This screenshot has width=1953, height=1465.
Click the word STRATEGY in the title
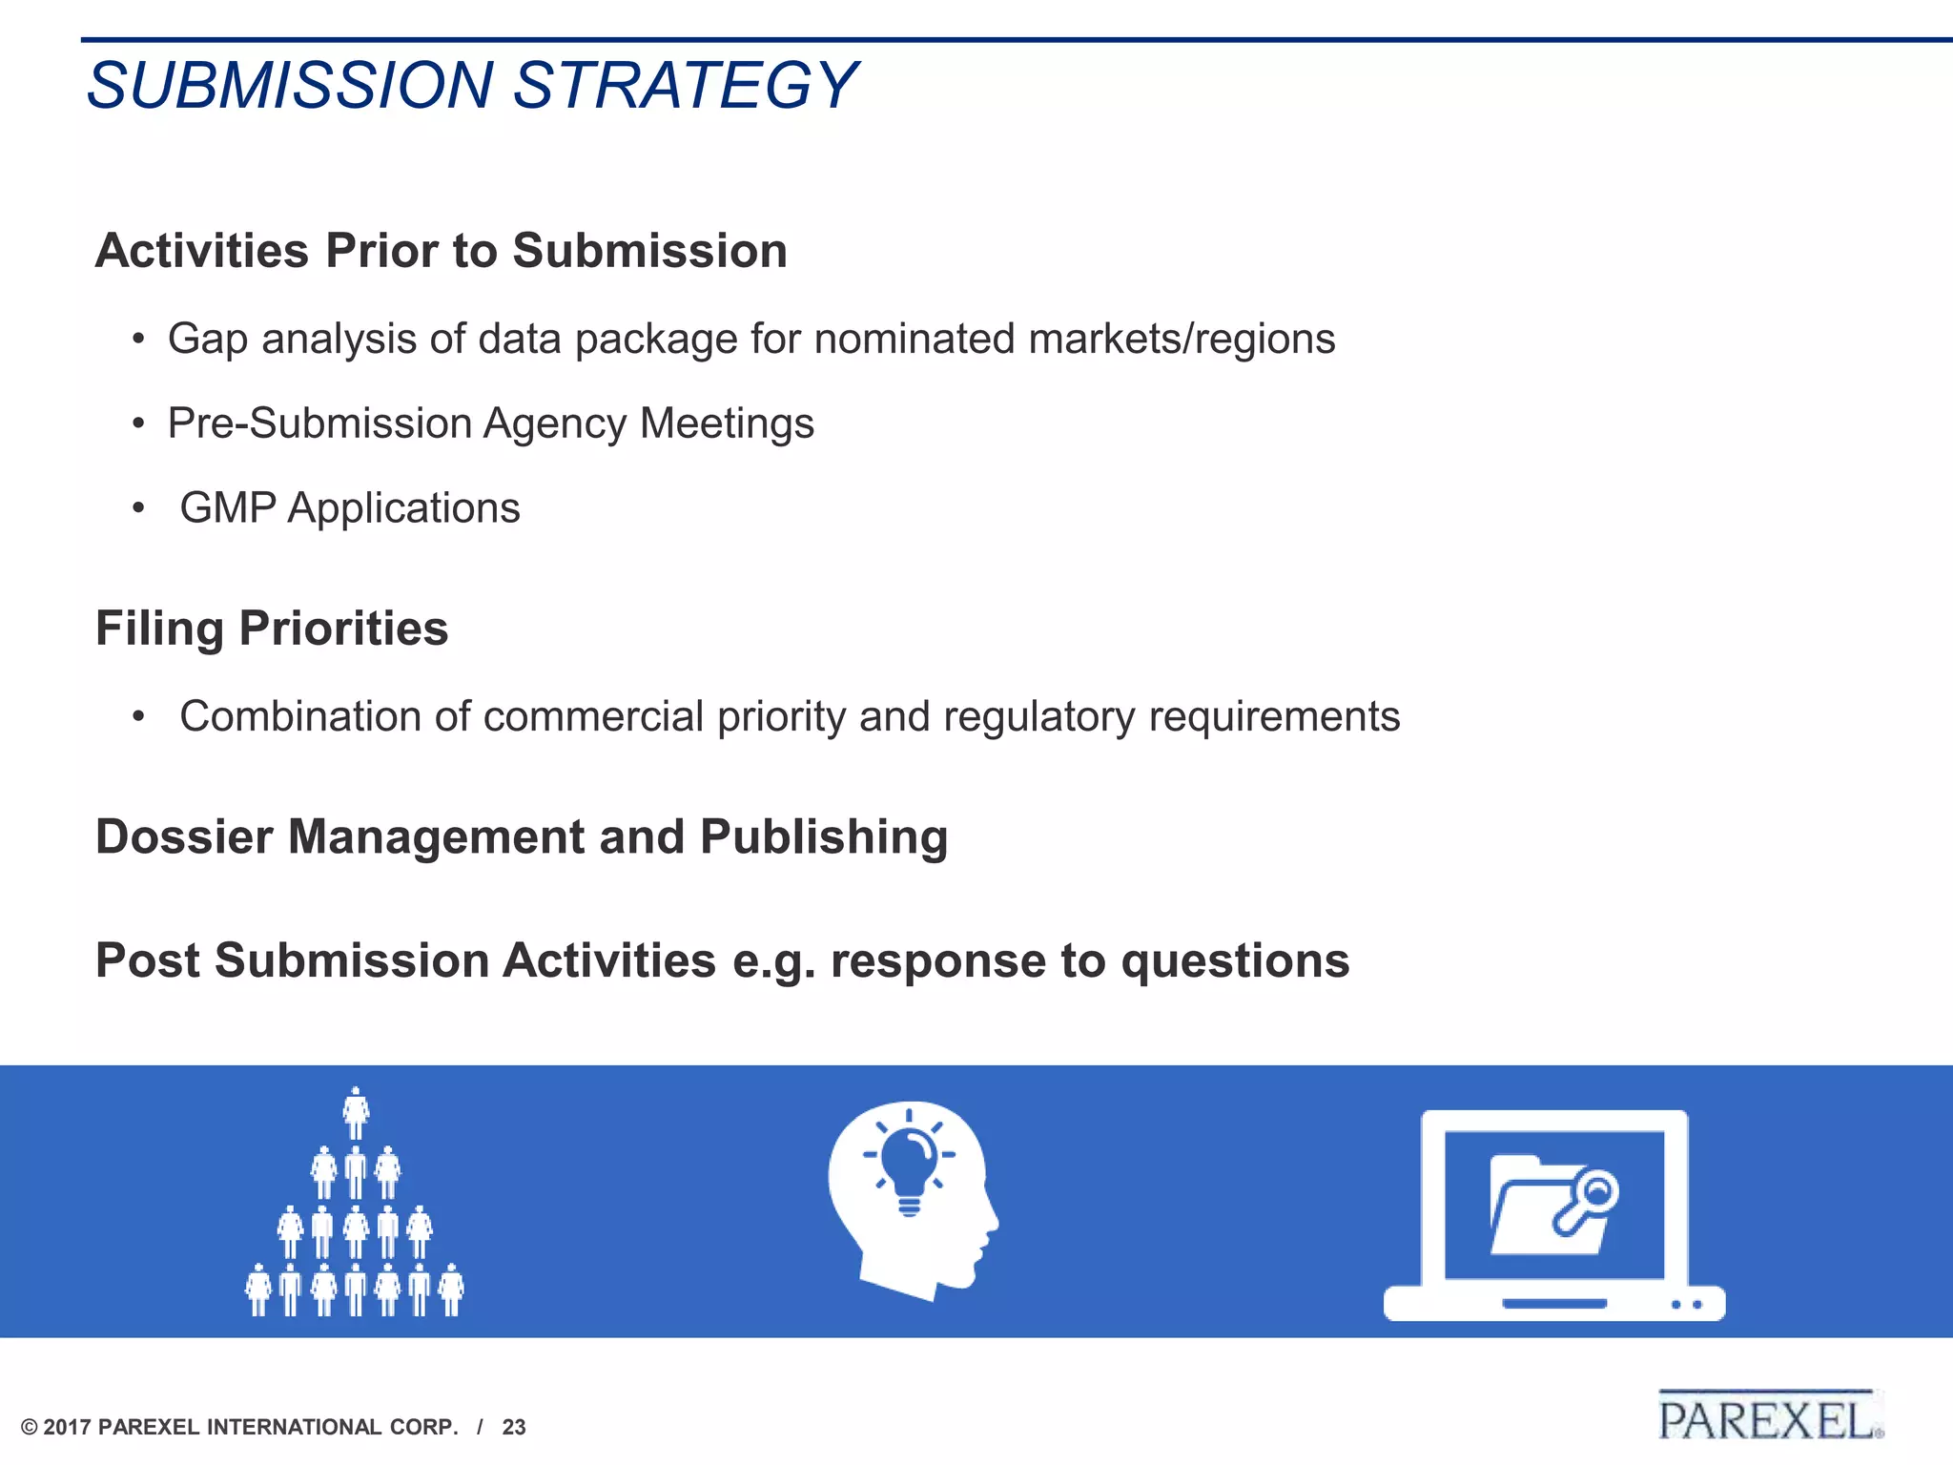point(685,86)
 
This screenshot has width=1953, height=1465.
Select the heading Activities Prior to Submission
point(441,251)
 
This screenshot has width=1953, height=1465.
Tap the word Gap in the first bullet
point(207,340)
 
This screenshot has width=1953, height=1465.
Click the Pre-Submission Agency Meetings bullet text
point(490,423)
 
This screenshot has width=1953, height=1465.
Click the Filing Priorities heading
point(272,629)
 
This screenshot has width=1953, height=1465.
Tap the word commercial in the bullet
point(593,716)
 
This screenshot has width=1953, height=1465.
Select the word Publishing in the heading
point(824,836)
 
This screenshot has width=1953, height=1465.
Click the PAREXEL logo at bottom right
point(1769,1418)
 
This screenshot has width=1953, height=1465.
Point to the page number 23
point(514,1428)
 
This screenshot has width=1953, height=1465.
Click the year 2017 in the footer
point(68,1428)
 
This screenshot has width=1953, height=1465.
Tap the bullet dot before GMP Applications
point(139,508)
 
